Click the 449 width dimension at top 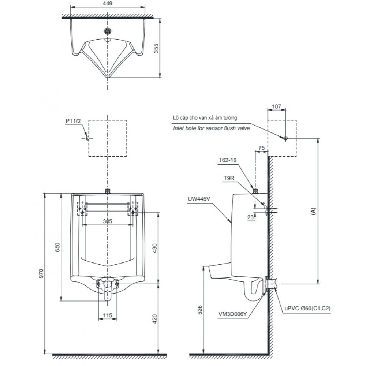(x=107, y=3)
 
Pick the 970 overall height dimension (x=41, y=273)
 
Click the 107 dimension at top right (x=277, y=107)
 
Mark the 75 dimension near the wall (x=261, y=148)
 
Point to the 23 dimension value (x=250, y=217)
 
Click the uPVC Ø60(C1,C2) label (x=307, y=309)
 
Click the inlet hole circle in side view (x=285, y=138)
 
